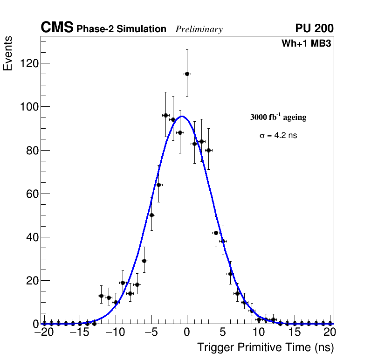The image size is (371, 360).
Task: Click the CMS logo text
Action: (57, 28)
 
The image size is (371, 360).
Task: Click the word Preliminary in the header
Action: (199, 30)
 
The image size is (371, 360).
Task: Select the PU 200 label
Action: (314, 29)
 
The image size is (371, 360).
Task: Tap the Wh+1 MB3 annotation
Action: (306, 44)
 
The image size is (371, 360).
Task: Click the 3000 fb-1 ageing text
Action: (278, 118)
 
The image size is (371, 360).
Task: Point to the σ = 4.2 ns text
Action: (278, 136)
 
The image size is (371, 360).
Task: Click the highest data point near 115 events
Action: (187, 74)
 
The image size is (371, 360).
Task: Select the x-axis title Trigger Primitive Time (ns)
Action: (265, 348)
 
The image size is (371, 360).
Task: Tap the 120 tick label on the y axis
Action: (28, 63)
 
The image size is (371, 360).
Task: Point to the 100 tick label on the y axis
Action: (28, 107)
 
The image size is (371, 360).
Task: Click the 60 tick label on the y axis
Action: (32, 194)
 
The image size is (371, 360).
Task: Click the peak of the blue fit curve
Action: (182, 116)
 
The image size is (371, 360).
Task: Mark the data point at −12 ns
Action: (101, 296)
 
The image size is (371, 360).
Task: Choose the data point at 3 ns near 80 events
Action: (208, 150)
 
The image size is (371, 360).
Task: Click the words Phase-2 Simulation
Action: (121, 29)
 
